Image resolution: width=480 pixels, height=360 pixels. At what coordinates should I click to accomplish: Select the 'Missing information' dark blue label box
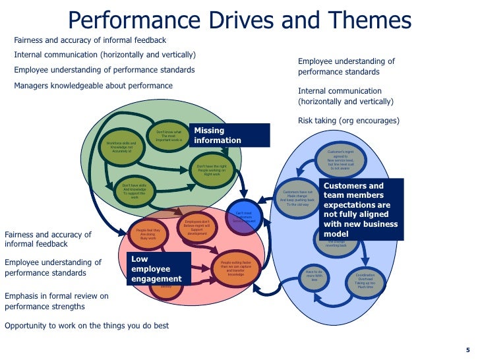(229, 135)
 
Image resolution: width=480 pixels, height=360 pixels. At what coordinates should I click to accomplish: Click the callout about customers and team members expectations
(361, 209)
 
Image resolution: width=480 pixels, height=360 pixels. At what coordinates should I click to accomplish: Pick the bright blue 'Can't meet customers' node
(243, 216)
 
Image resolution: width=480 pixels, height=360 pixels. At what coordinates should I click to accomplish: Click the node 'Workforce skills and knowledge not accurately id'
(121, 146)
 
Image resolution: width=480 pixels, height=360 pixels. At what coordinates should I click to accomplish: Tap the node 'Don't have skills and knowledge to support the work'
(134, 191)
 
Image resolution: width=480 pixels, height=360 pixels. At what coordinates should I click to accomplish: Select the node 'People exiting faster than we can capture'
(235, 269)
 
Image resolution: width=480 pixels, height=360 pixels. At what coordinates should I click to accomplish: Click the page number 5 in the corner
(468, 350)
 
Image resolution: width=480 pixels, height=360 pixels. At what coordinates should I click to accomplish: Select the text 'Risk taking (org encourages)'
(349, 121)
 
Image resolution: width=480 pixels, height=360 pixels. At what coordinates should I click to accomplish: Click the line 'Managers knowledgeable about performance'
(93, 86)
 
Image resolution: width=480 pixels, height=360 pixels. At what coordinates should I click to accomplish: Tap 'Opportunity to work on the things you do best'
(86, 326)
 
